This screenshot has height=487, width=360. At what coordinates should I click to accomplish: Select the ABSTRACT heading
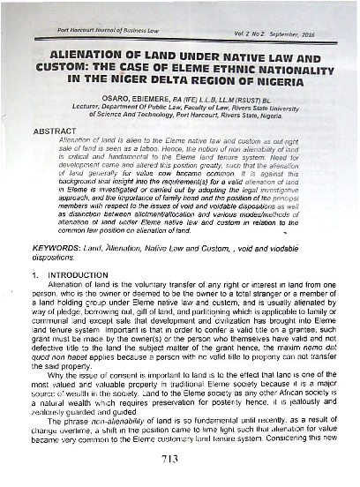[56, 129]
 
